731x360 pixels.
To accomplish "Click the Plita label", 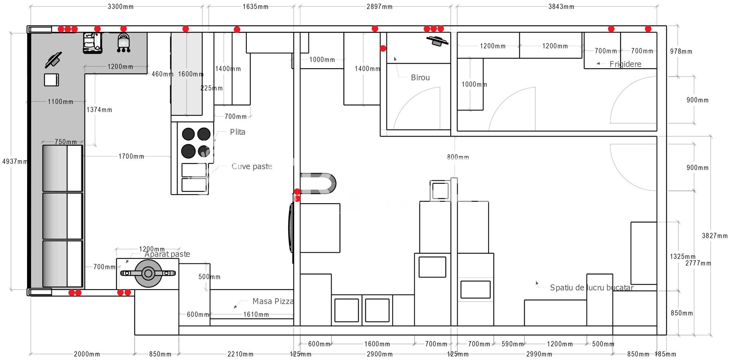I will (x=238, y=132).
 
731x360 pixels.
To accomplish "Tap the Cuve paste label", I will (x=252, y=166).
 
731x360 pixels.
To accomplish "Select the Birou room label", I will (x=420, y=78).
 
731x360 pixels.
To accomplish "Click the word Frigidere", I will (x=625, y=64).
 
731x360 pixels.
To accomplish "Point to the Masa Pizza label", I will (x=273, y=301).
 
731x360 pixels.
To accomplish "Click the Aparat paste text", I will (x=167, y=254).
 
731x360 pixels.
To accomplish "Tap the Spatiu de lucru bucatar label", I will (x=591, y=288).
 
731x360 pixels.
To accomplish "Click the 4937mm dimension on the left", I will (x=14, y=161).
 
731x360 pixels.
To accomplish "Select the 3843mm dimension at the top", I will (x=561, y=6).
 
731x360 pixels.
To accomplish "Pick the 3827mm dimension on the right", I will (x=714, y=236).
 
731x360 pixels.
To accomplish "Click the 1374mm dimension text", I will (x=99, y=110).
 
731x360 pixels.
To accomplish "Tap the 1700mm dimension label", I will (x=131, y=156).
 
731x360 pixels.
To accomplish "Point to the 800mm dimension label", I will (x=458, y=157).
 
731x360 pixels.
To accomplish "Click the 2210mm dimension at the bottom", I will (x=240, y=354).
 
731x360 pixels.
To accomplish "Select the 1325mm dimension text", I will (x=682, y=256).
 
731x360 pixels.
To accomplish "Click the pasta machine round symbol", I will (x=148, y=273).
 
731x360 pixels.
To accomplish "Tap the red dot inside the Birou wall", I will (x=383, y=48).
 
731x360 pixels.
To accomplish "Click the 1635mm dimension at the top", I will (x=255, y=6).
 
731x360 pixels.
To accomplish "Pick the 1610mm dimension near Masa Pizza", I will (x=256, y=314).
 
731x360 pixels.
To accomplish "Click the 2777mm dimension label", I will (x=698, y=263).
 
